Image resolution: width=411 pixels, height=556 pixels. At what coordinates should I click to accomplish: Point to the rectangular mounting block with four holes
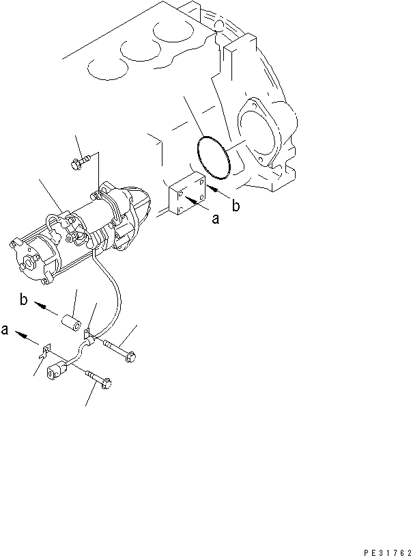coord(186,198)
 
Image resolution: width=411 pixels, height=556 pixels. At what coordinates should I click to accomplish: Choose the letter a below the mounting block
coord(215,220)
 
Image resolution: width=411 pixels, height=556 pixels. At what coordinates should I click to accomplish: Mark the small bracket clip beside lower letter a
coord(44,353)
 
